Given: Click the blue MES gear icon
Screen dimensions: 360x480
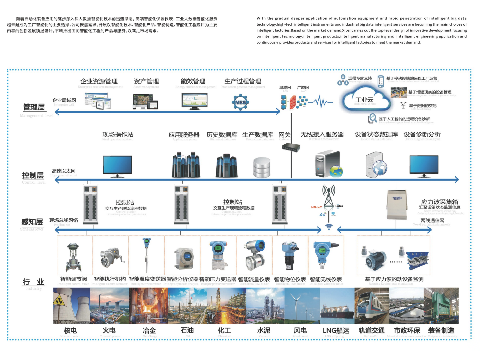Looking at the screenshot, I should [x=240, y=102].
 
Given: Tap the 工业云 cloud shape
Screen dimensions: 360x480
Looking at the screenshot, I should [x=365, y=99].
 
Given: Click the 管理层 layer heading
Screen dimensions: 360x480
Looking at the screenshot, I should [x=34, y=107].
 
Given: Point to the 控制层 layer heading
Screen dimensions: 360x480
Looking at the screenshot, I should [x=33, y=175].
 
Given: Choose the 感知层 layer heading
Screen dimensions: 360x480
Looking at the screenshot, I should [x=32, y=222].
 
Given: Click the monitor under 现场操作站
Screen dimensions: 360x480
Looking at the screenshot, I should [x=117, y=166].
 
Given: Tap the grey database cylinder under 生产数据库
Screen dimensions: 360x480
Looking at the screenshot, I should [x=262, y=167].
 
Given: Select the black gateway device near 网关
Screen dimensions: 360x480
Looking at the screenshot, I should [x=291, y=147].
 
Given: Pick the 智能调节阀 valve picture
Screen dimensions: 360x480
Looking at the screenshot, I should [x=73, y=257].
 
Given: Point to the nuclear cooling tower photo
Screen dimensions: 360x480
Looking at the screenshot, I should [x=72, y=306].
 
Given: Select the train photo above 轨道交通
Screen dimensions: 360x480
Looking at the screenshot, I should [x=372, y=306].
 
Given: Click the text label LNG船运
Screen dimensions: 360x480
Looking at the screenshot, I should [x=336, y=330].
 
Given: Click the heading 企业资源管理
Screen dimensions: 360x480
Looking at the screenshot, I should [x=99, y=81].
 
